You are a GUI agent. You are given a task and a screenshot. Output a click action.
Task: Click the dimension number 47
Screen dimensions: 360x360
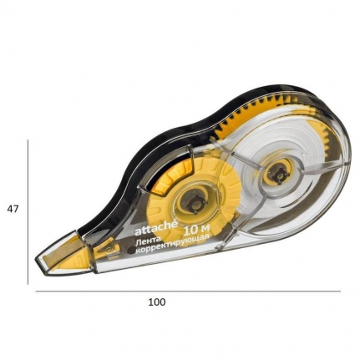(13, 209)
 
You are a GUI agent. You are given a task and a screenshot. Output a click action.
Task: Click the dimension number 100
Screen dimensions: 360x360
(157, 302)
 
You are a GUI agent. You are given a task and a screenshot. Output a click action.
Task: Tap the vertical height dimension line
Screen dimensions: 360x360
(28, 212)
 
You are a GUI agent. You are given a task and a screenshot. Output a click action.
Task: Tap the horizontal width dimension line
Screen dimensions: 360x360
(188, 292)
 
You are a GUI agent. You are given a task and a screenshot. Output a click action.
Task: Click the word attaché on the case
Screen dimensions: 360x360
(155, 228)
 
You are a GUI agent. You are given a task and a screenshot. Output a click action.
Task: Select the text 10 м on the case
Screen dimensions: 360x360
(196, 230)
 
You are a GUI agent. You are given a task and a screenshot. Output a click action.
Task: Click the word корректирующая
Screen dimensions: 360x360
(172, 245)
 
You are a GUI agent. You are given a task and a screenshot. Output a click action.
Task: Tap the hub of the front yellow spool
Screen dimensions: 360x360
(194, 203)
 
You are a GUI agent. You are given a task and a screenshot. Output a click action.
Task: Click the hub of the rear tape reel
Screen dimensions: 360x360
(278, 175)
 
